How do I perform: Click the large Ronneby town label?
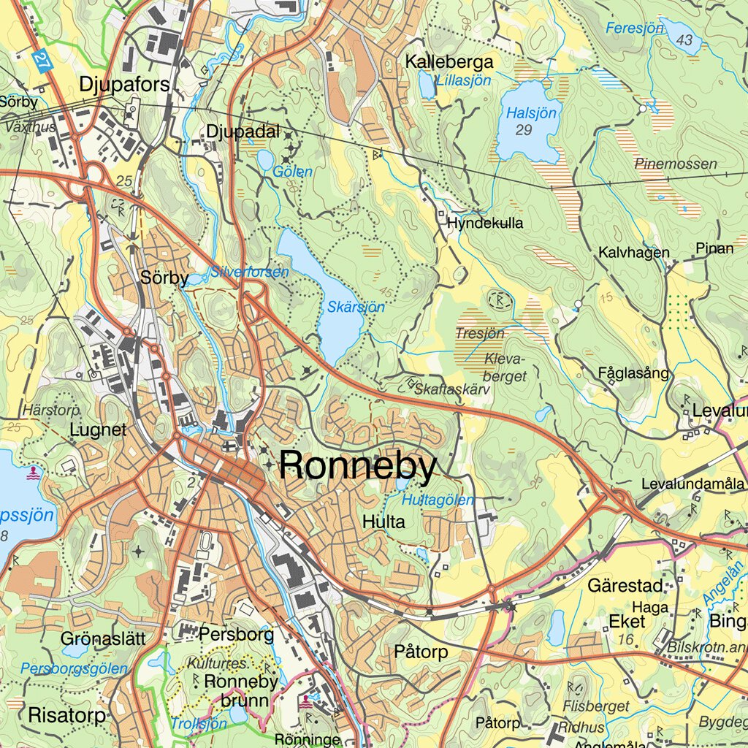click(358, 466)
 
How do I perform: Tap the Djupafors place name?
click(124, 85)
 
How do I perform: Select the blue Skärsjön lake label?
click(355, 308)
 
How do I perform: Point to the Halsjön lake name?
click(532, 113)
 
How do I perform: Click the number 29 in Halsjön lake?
click(523, 130)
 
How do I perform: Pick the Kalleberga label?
click(449, 62)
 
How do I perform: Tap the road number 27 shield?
click(42, 60)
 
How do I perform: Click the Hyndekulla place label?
click(485, 224)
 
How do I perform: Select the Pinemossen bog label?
click(676, 164)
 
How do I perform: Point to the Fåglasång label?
click(633, 373)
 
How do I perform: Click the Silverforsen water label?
click(250, 272)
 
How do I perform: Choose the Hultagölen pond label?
click(438, 500)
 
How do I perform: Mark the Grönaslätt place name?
click(103, 638)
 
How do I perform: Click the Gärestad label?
click(625, 586)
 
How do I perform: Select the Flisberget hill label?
click(596, 706)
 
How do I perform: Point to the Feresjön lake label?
click(634, 28)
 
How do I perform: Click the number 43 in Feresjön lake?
click(684, 40)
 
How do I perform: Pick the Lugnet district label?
click(98, 430)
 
